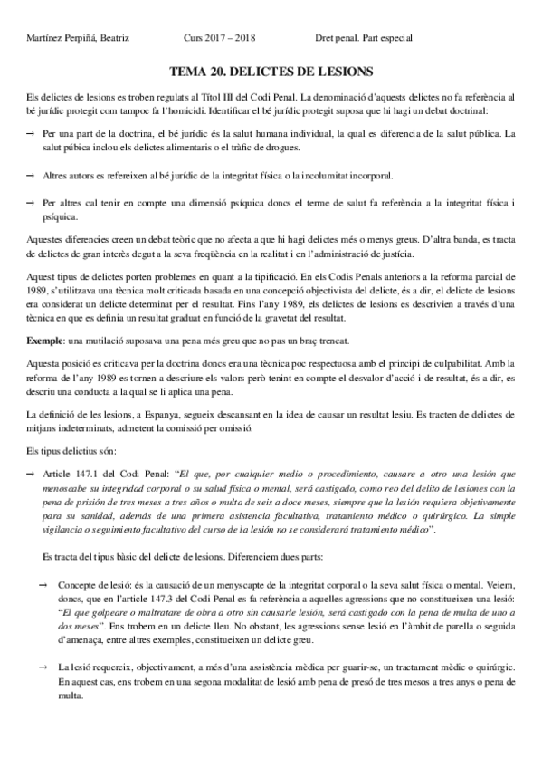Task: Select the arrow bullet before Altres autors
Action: click(30, 176)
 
